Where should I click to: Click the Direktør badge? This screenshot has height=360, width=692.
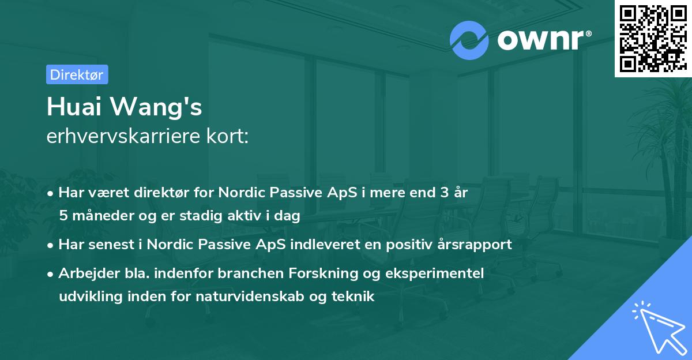tap(77, 74)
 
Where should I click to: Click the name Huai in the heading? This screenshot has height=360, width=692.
tap(77, 108)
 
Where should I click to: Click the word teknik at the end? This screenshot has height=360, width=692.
tap(355, 297)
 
